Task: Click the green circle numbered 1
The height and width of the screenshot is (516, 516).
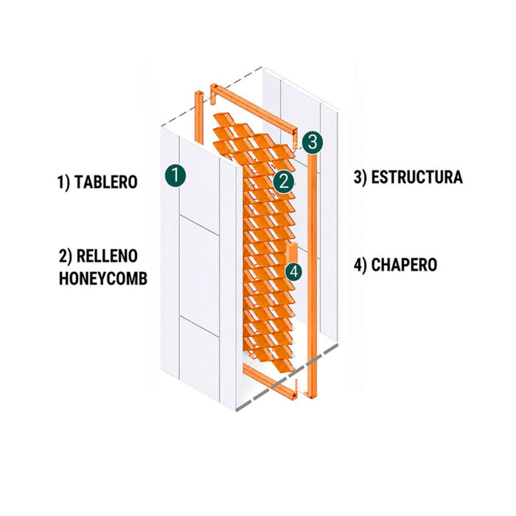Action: tap(175, 175)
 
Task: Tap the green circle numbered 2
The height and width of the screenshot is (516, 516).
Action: tap(284, 181)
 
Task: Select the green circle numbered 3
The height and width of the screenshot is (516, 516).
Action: tap(313, 142)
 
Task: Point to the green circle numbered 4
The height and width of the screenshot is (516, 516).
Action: tap(294, 272)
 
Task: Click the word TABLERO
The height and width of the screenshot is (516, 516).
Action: tap(106, 182)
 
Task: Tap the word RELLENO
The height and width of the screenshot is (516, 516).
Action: tap(107, 257)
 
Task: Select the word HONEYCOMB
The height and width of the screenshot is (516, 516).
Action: tap(103, 279)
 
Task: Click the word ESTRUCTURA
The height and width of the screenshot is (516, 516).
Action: tap(417, 177)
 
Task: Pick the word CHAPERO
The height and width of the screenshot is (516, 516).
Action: tap(404, 265)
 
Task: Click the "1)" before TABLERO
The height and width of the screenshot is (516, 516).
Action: tap(64, 183)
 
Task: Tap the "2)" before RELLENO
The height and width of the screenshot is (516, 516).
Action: tap(66, 257)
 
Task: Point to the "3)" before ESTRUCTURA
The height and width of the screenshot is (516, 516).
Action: tap(360, 178)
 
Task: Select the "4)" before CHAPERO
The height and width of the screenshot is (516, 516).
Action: tap(360, 265)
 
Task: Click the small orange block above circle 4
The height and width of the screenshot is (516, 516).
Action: tap(292, 253)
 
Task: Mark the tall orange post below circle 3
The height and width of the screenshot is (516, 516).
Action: tap(313, 276)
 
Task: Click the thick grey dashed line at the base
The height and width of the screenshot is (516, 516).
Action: tap(287, 377)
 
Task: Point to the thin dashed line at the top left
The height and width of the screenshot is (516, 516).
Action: tap(212, 97)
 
